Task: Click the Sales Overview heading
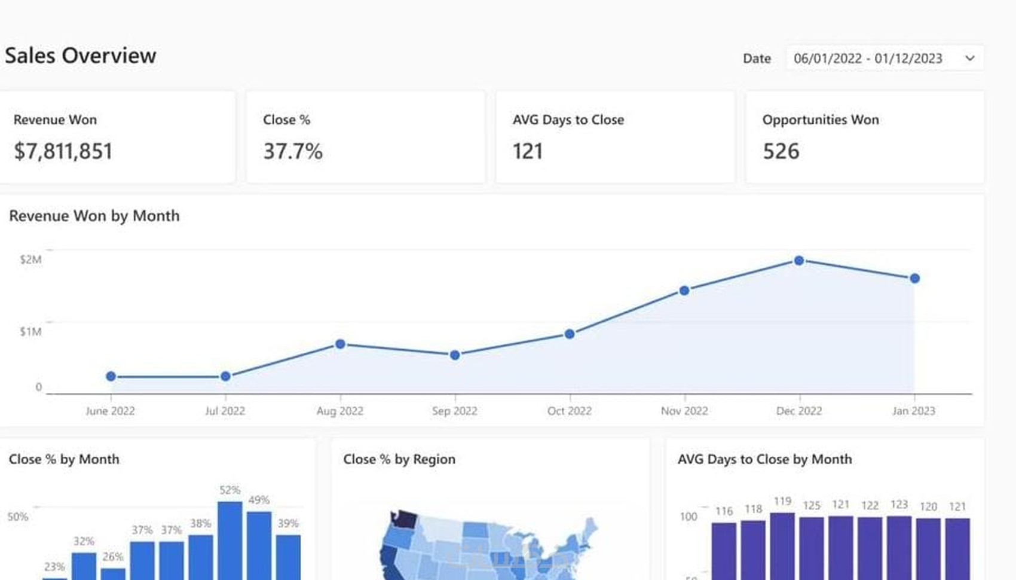click(x=81, y=56)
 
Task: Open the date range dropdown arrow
click(x=969, y=58)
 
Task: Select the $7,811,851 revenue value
click(x=63, y=151)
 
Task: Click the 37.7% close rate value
click(x=293, y=151)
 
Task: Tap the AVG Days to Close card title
click(x=568, y=120)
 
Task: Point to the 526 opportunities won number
click(x=781, y=151)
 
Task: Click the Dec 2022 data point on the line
click(x=799, y=261)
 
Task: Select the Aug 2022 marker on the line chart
click(x=340, y=344)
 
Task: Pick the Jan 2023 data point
click(x=914, y=278)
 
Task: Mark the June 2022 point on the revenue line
click(x=111, y=376)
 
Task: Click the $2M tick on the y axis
click(x=30, y=260)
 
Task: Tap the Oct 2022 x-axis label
click(x=569, y=411)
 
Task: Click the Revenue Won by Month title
click(x=94, y=216)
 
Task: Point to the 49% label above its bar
click(x=259, y=500)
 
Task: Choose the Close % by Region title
click(x=399, y=459)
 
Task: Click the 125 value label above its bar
click(x=811, y=505)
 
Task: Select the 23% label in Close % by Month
click(x=54, y=566)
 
